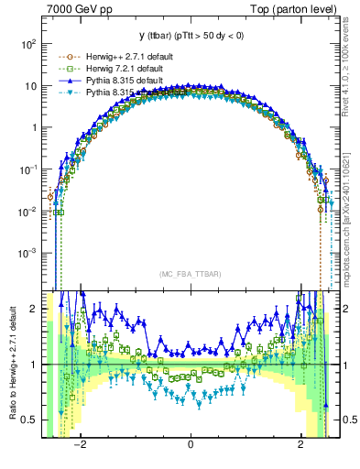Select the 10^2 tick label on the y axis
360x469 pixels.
pos(29,44)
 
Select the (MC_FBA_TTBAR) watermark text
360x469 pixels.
pos(191,274)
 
